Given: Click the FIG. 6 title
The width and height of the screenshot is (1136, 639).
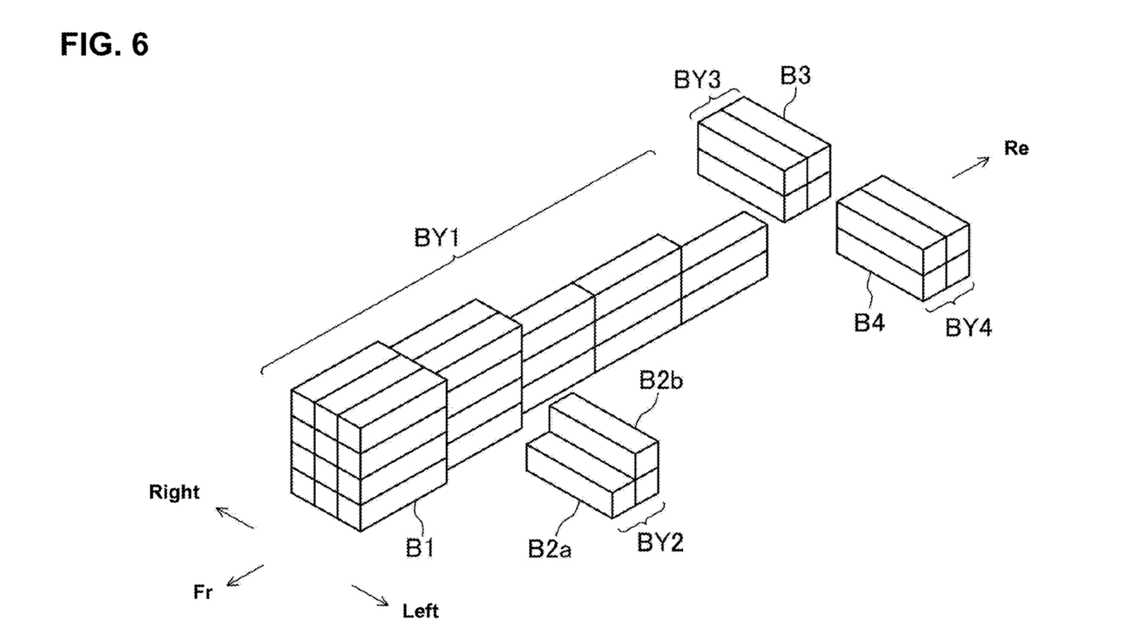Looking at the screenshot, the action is click(104, 45).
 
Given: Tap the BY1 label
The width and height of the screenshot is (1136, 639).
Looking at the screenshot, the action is click(437, 237).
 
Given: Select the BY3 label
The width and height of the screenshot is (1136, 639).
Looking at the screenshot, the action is click(697, 80).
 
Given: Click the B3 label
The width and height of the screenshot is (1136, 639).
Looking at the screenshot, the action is click(795, 75).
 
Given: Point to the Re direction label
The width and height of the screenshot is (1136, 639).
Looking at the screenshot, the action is click(1016, 148).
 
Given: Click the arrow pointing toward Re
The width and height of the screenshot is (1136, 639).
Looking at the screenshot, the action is click(971, 168).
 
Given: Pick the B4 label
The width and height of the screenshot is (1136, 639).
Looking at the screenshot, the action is click(869, 322).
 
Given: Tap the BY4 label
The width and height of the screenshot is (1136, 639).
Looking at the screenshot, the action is click(968, 327).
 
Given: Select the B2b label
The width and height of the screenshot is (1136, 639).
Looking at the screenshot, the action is click(661, 381).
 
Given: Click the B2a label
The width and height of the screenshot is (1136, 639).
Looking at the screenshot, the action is click(550, 549).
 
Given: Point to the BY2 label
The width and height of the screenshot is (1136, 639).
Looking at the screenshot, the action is click(660, 542).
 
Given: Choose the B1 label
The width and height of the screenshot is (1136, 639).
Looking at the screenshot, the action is click(420, 547).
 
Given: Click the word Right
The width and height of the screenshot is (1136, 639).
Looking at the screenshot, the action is click(174, 492).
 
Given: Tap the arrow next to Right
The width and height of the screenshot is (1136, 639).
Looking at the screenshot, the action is click(235, 518).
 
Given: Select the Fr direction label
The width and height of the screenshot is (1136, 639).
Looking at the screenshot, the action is click(203, 592).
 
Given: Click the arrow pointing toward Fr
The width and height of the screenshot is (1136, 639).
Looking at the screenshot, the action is click(245, 576).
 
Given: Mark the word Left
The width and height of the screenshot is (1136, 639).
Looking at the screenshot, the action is click(420, 611).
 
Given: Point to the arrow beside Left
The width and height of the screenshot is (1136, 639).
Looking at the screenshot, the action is click(370, 596).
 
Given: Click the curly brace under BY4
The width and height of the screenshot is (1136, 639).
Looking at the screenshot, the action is click(949, 297).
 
